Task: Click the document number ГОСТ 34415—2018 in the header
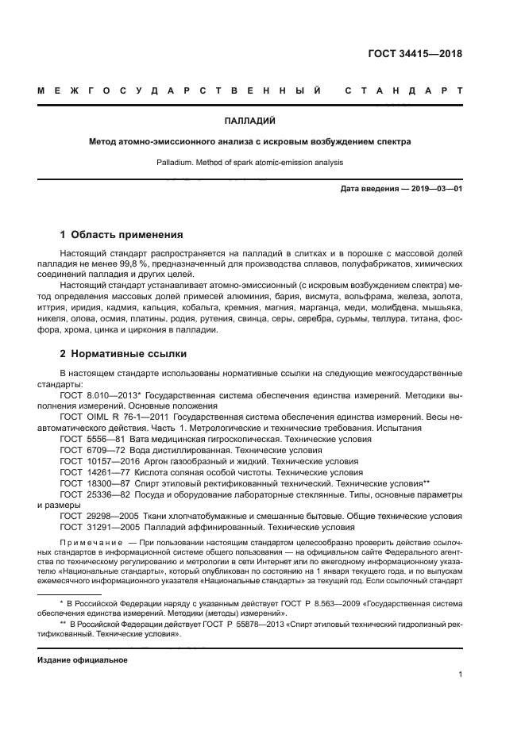tap(415, 55)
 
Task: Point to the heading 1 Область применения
tap(122, 235)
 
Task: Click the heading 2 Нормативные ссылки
tap(124, 354)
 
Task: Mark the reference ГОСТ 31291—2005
tap(97, 527)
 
